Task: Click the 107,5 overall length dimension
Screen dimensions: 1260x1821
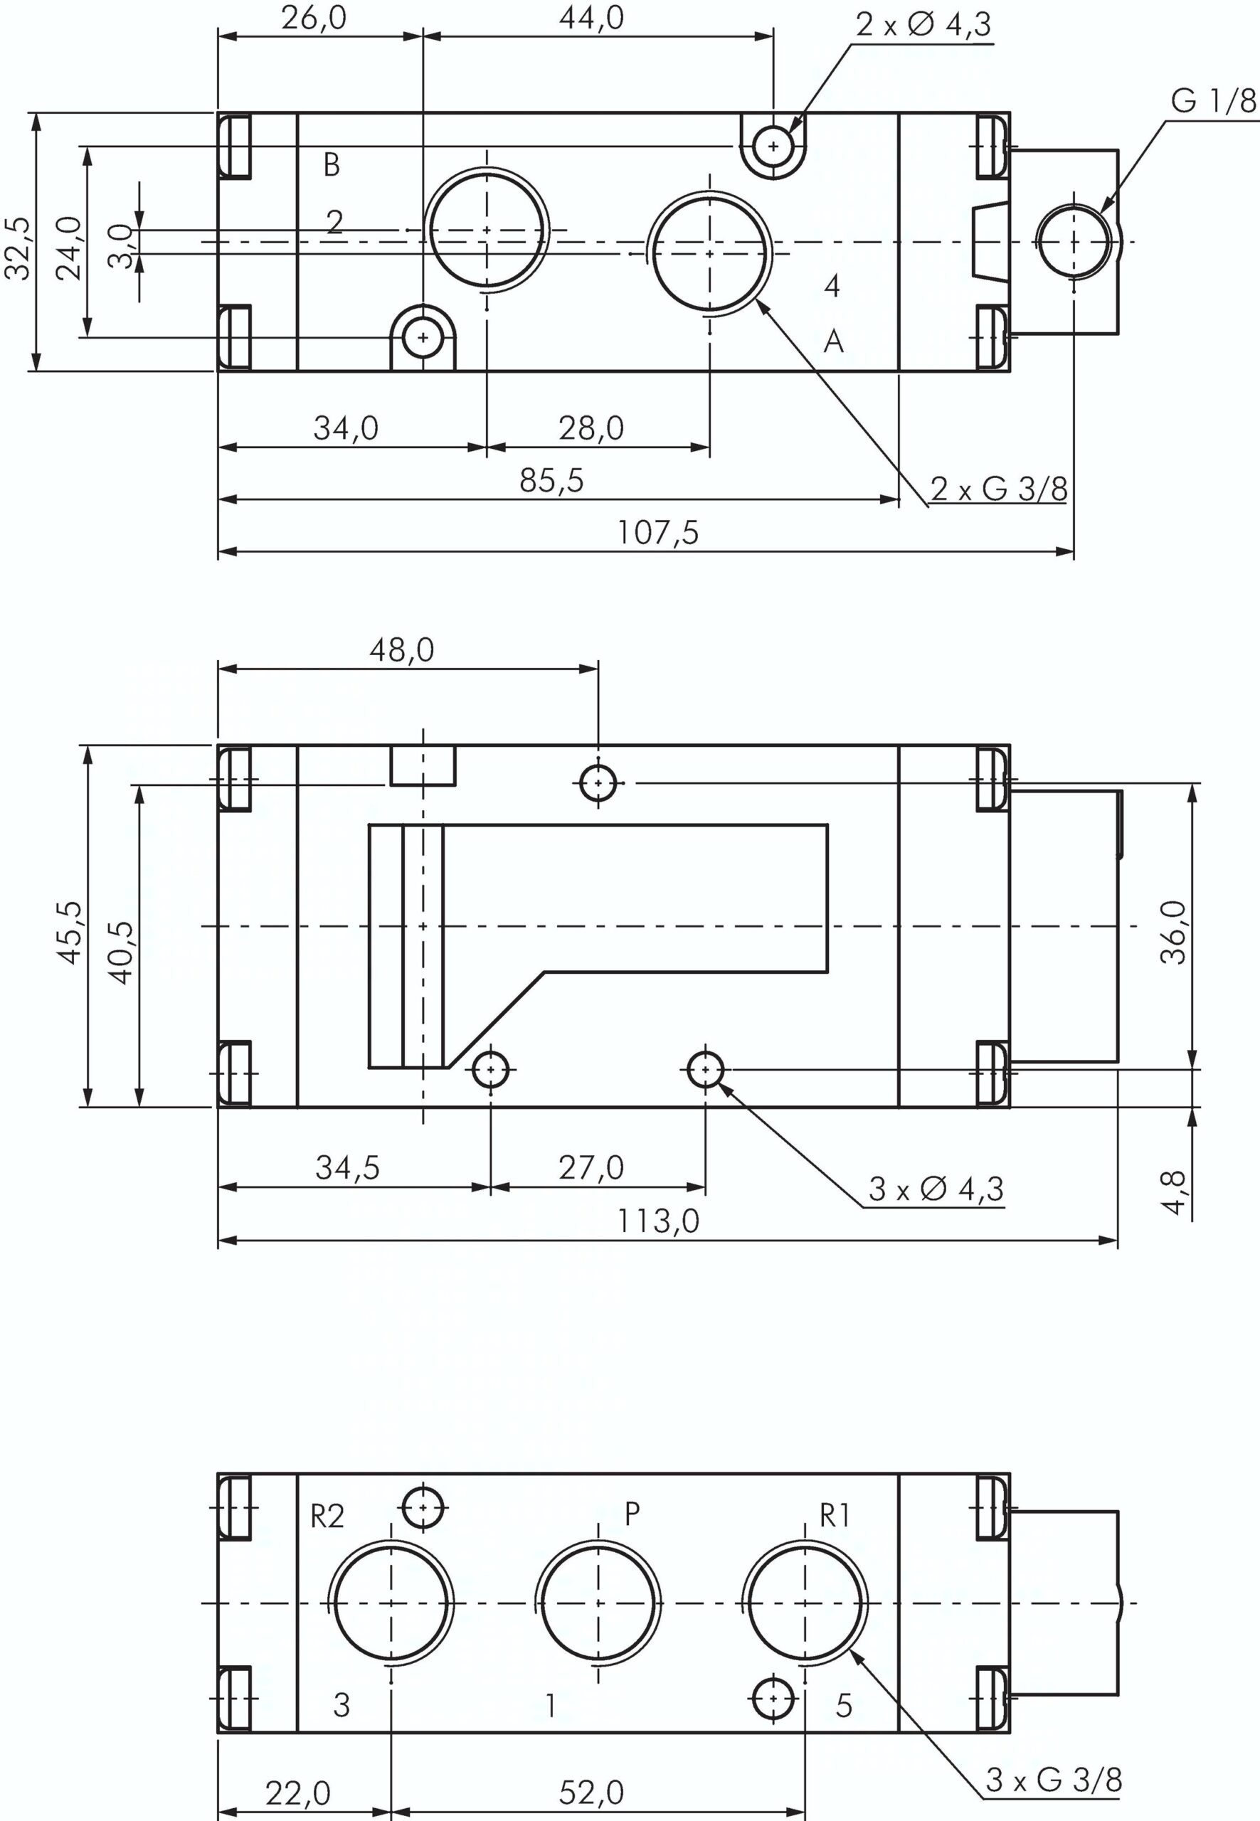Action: click(x=657, y=533)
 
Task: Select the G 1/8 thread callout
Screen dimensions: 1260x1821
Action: click(x=1212, y=102)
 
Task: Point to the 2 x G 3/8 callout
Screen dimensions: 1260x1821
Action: click(x=999, y=489)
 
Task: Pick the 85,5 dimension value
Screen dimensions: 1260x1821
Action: click(x=551, y=480)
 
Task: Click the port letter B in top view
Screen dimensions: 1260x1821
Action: click(x=332, y=164)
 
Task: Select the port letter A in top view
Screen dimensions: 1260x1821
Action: click(x=834, y=341)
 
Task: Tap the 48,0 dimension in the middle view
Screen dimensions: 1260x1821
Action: click(x=402, y=649)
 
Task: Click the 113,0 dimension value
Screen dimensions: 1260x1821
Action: click(x=657, y=1221)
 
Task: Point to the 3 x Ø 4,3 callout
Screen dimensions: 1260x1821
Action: click(x=936, y=1189)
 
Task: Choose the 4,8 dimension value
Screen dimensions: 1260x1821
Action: click(x=1174, y=1193)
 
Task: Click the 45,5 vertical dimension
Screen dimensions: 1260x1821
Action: click(x=70, y=933)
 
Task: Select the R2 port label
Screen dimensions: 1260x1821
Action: click(x=327, y=1517)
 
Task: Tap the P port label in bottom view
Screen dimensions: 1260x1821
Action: click(x=632, y=1513)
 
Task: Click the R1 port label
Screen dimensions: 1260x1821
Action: click(x=835, y=1516)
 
